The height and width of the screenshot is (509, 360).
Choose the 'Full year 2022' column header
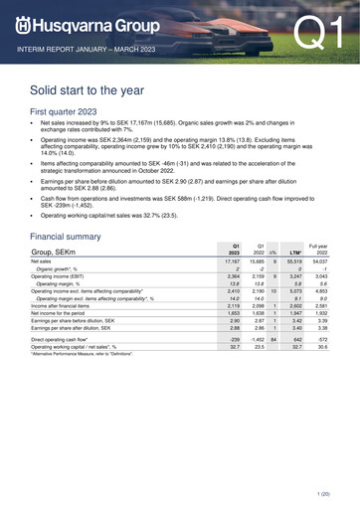click(318, 253)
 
